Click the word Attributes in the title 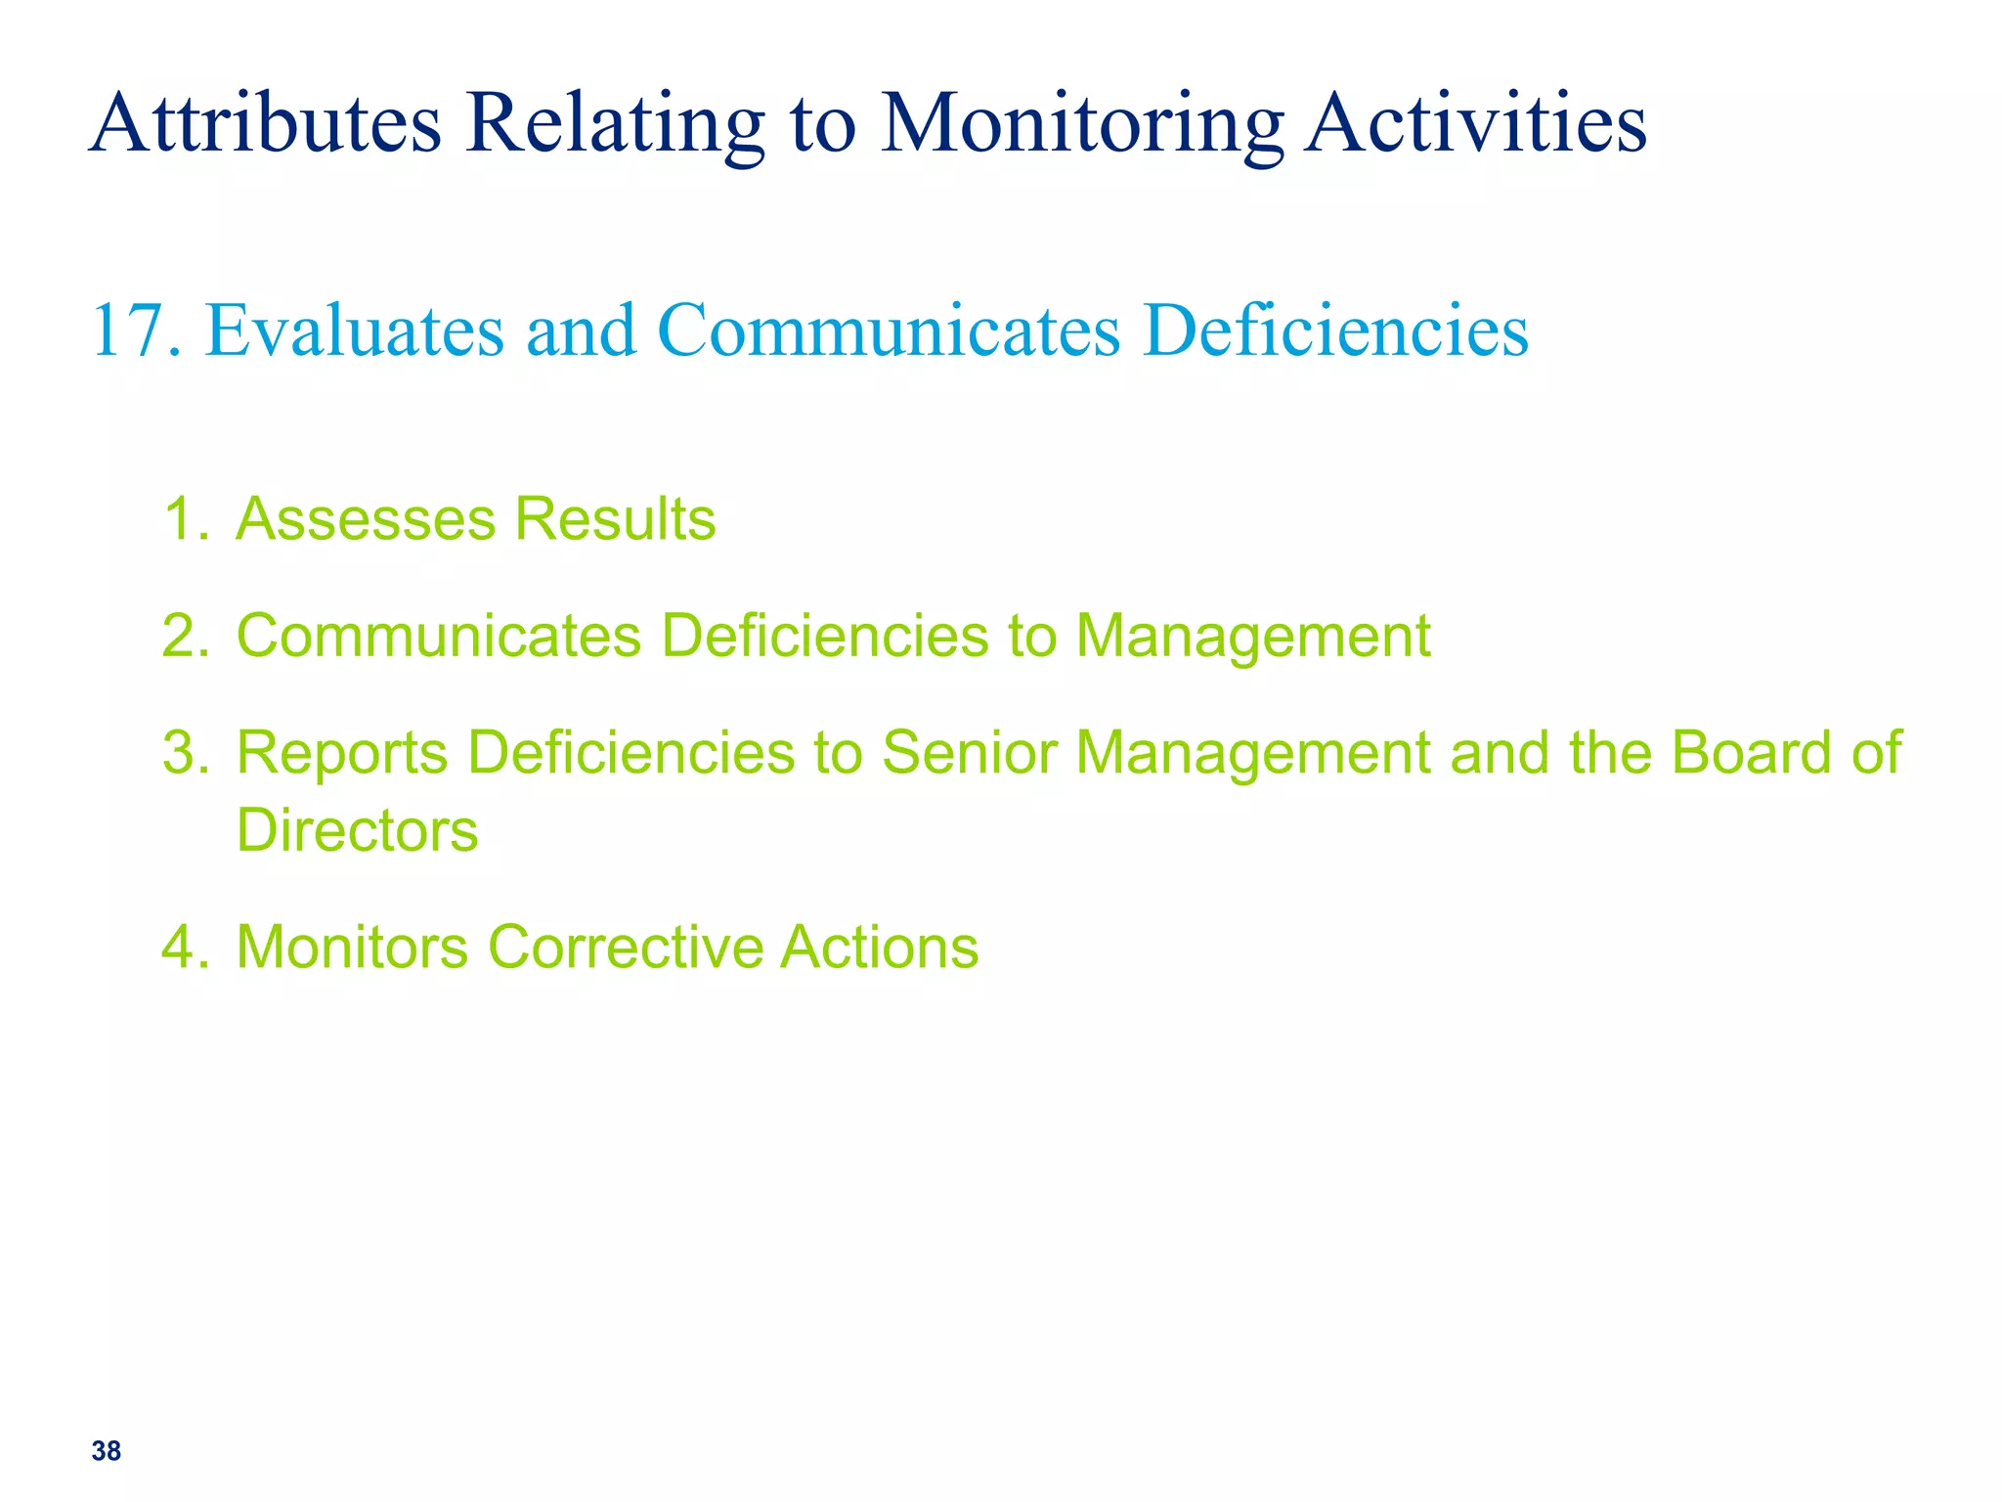tap(265, 123)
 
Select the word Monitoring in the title tap(1082, 123)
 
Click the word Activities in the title tap(1476, 123)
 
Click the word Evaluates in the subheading tap(355, 331)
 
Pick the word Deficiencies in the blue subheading tap(1334, 331)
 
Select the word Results tap(615, 518)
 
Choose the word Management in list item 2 tap(1252, 638)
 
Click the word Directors tap(358, 831)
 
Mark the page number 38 tap(107, 1451)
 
